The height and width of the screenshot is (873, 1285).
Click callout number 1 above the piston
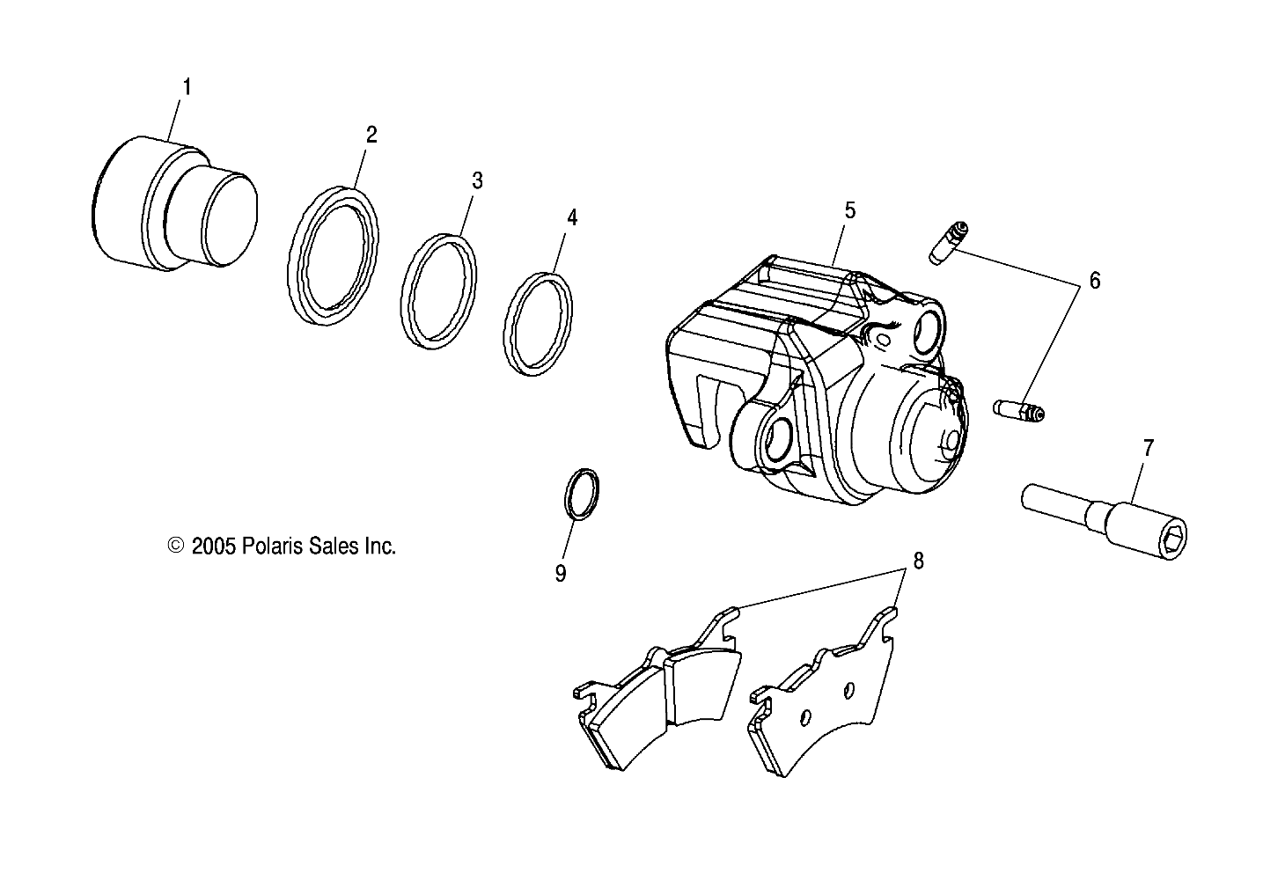[x=187, y=87]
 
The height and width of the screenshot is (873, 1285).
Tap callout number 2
[x=371, y=135]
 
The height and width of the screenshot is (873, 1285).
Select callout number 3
[x=477, y=181]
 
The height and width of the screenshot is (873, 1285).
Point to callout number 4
[x=572, y=217]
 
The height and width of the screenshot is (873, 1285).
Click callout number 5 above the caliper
[x=849, y=210]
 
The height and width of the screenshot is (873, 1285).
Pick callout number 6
[x=1094, y=281]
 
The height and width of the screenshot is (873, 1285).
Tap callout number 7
[x=1148, y=448]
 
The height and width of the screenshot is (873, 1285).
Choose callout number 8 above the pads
[x=918, y=560]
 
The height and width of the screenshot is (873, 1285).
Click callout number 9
[x=560, y=573]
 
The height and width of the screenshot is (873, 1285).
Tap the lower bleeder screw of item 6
[x=1019, y=410]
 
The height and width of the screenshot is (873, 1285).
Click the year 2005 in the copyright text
[x=211, y=547]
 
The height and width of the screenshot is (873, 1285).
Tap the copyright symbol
[x=175, y=547]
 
